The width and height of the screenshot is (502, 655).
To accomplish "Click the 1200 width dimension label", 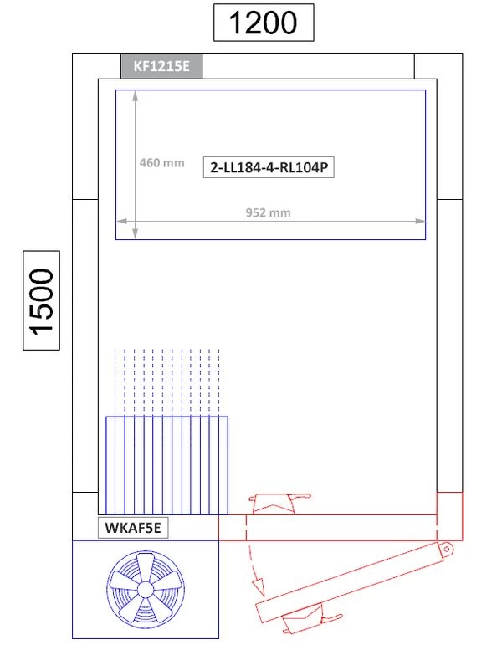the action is (x=264, y=23).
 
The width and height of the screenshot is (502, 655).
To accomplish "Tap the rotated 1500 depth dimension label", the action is (x=41, y=300).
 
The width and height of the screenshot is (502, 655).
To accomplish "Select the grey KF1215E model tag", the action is (x=162, y=66).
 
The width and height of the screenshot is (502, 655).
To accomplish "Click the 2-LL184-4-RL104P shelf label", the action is (x=269, y=167).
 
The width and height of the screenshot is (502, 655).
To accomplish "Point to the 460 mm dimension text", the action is (x=162, y=162).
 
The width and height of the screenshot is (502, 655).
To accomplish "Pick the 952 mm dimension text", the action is (x=268, y=212).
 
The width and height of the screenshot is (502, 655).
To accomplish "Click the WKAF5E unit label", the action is (x=133, y=528).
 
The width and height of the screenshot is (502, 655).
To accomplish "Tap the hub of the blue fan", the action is (x=146, y=590).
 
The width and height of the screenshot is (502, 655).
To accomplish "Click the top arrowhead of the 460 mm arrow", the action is (x=135, y=95).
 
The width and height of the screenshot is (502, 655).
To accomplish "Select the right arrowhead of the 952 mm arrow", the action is (x=420, y=221).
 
